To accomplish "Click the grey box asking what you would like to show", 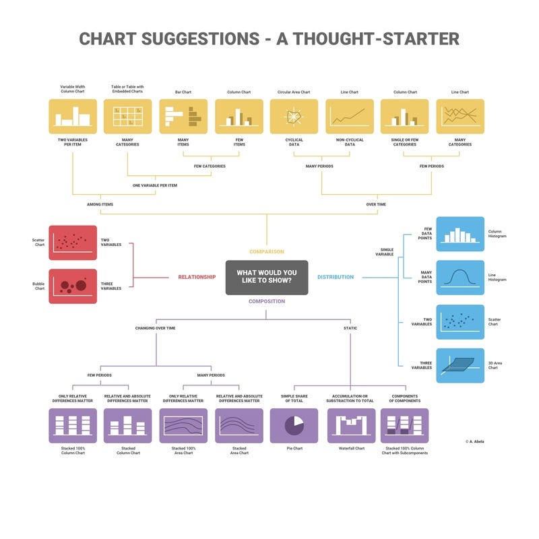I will tap(267, 277).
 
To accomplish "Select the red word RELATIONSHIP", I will tap(197, 277).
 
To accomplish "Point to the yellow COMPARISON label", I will tap(267, 252).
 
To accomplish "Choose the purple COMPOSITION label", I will tap(267, 301).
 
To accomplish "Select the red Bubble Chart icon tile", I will tap(72, 285).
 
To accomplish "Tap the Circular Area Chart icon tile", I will tap(294, 117).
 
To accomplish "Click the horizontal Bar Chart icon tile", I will tap(183, 117).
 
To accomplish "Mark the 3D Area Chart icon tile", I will tap(460, 365).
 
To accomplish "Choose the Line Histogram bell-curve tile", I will tap(460, 278).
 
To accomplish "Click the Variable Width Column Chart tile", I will tap(72, 117).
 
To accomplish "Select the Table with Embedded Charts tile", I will tap(127, 117).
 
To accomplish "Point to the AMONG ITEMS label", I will tap(100, 203).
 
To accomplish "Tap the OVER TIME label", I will tap(376, 203).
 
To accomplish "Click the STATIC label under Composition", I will tap(350, 328).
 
